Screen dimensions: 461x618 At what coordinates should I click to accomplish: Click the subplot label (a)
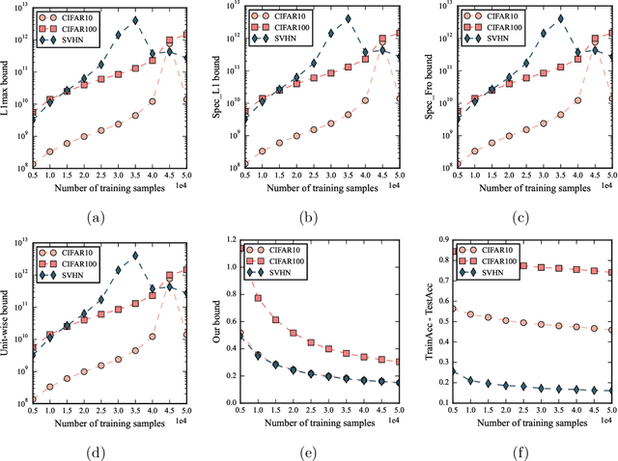pos(97,218)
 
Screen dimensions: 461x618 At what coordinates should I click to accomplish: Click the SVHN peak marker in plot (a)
pos(134,19)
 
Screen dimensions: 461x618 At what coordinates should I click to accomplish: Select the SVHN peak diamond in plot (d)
pos(134,256)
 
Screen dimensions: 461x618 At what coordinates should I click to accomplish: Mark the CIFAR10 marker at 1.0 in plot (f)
pos(470,313)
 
